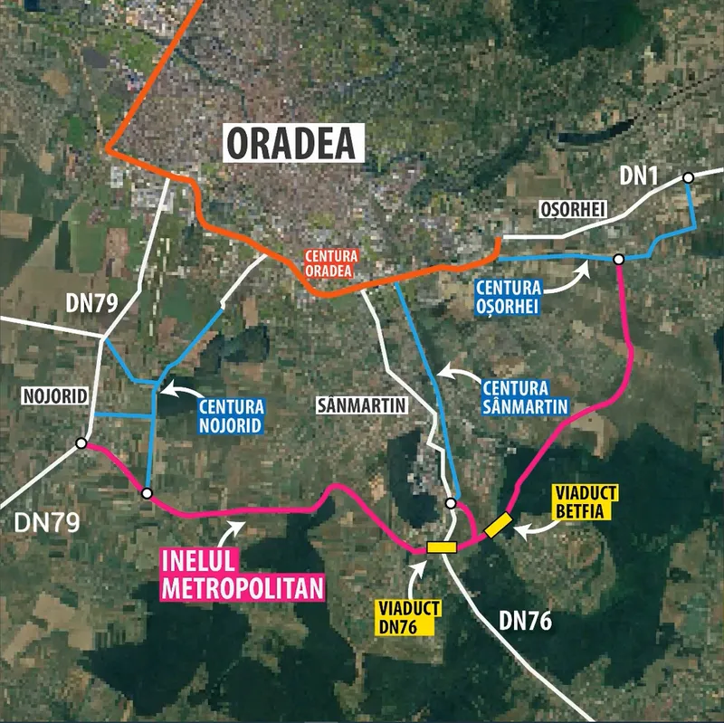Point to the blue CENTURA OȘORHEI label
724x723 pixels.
click(x=508, y=297)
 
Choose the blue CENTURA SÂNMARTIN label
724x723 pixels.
click(x=525, y=397)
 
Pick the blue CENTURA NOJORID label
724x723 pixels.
click(x=230, y=415)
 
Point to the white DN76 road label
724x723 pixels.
click(x=525, y=621)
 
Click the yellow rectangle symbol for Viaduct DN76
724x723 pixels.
click(x=440, y=547)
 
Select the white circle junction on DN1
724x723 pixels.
click(x=689, y=177)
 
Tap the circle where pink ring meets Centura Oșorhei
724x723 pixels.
click(x=619, y=260)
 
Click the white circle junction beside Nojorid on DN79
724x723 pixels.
click(x=81, y=443)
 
